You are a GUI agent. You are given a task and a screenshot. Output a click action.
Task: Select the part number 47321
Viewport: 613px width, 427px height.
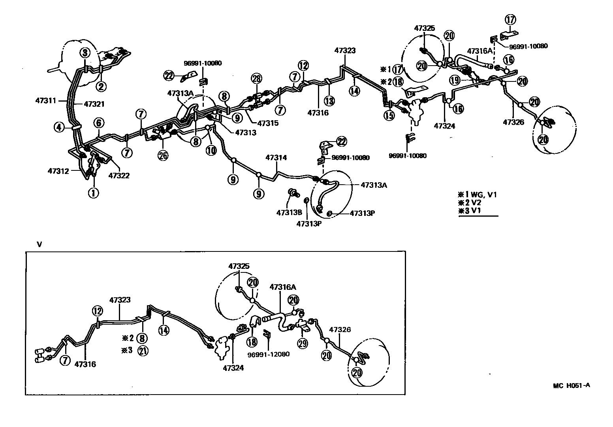click(x=95, y=104)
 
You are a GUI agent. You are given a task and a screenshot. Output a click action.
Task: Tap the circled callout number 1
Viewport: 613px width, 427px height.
click(x=93, y=193)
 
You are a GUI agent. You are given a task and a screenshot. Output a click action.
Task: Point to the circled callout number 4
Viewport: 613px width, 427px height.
click(x=59, y=127)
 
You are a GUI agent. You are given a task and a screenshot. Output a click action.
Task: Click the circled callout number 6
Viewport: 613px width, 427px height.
click(x=98, y=123)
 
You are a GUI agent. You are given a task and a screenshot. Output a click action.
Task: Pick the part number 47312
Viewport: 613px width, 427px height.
click(x=58, y=171)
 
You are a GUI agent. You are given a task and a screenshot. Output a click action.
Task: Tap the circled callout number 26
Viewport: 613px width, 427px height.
click(x=163, y=155)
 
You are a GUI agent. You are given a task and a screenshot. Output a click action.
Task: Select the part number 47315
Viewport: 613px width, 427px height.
click(x=267, y=123)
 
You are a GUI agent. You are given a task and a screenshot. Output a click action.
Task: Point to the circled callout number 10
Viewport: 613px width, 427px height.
click(x=211, y=150)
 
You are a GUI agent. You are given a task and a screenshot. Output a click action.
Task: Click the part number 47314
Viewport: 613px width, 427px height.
click(x=276, y=157)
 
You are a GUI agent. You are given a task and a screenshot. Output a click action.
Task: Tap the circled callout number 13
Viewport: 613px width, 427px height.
click(x=329, y=101)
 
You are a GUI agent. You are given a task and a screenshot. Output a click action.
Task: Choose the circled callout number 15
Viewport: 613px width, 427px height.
click(x=389, y=115)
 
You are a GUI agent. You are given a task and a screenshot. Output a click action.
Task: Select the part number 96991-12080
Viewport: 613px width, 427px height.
click(x=269, y=354)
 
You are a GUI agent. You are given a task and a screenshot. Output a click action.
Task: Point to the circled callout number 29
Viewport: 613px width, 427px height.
click(x=303, y=344)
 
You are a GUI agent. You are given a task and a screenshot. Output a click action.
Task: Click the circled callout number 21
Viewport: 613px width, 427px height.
click(x=143, y=350)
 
